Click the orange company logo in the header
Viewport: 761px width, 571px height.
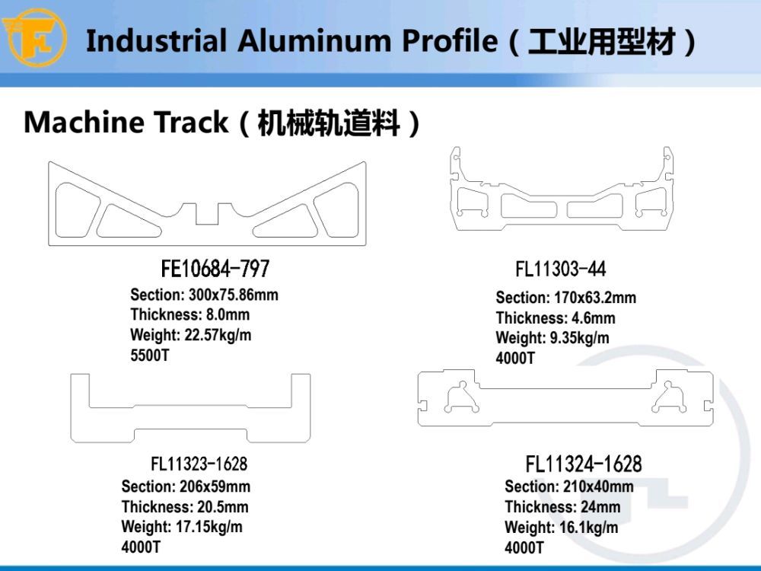coord(34,37)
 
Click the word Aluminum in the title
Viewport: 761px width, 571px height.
coord(314,40)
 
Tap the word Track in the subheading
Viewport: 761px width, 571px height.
coord(190,122)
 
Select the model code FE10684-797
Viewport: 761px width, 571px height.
coord(215,269)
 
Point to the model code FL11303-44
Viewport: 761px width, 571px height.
coord(561,269)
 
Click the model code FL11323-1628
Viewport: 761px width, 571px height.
coord(199,464)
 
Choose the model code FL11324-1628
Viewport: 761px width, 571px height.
coord(584,464)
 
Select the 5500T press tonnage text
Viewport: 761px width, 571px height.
coord(150,356)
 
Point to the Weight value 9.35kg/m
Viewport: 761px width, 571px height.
coord(579,338)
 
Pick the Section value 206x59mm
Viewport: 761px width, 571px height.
coord(215,486)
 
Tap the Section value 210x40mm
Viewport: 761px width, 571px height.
coord(598,486)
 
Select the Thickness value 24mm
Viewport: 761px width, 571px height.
coord(601,507)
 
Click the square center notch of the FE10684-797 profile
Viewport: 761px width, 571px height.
coord(207,214)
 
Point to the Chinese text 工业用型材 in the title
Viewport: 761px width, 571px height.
coord(602,41)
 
